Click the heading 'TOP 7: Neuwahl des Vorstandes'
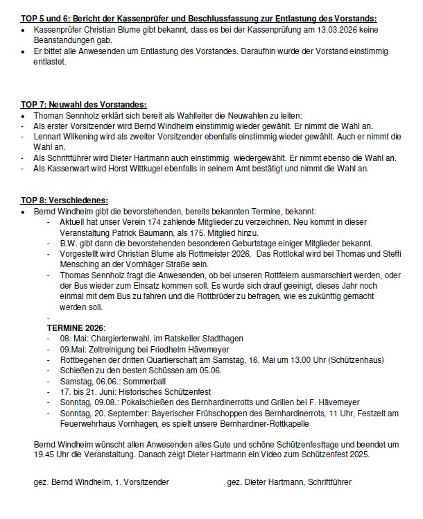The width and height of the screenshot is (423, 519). (83, 104)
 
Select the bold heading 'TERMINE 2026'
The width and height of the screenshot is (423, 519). (76, 325)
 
